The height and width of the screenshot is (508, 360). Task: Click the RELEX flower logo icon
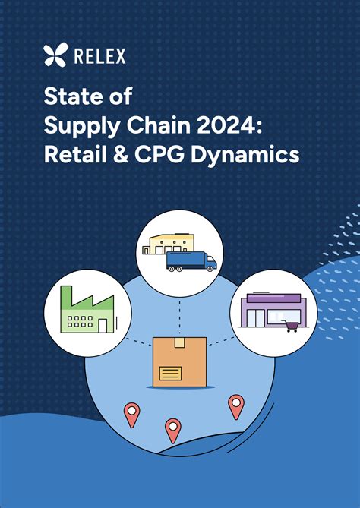coord(55,55)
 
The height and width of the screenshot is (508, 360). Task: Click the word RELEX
coord(100,55)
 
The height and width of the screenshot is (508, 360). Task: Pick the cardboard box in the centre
coord(180,363)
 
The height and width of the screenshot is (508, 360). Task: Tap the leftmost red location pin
coord(132,413)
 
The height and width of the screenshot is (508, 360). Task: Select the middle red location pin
coord(173,429)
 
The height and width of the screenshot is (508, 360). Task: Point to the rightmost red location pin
coord(236,405)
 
